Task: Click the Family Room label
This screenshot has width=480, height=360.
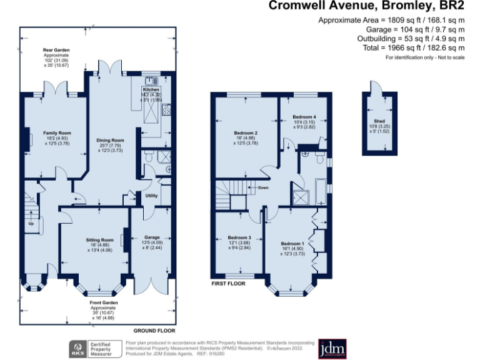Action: [x=57, y=133]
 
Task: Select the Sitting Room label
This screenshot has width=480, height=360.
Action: [x=99, y=240]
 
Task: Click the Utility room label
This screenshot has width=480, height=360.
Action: [x=151, y=196]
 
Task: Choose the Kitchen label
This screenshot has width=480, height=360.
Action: [x=151, y=89]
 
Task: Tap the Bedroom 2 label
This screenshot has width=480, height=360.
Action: [x=246, y=133]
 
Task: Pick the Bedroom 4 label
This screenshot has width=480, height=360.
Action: [x=305, y=116]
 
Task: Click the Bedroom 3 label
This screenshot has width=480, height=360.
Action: [x=239, y=237]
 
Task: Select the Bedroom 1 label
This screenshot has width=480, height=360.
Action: [x=292, y=243]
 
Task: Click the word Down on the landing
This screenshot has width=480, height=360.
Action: [x=263, y=187]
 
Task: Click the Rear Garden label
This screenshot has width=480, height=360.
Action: [x=56, y=49]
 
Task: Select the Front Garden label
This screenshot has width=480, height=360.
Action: [x=104, y=303]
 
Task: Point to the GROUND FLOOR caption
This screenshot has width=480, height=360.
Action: [x=154, y=330]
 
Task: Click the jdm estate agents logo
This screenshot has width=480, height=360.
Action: [x=332, y=347]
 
